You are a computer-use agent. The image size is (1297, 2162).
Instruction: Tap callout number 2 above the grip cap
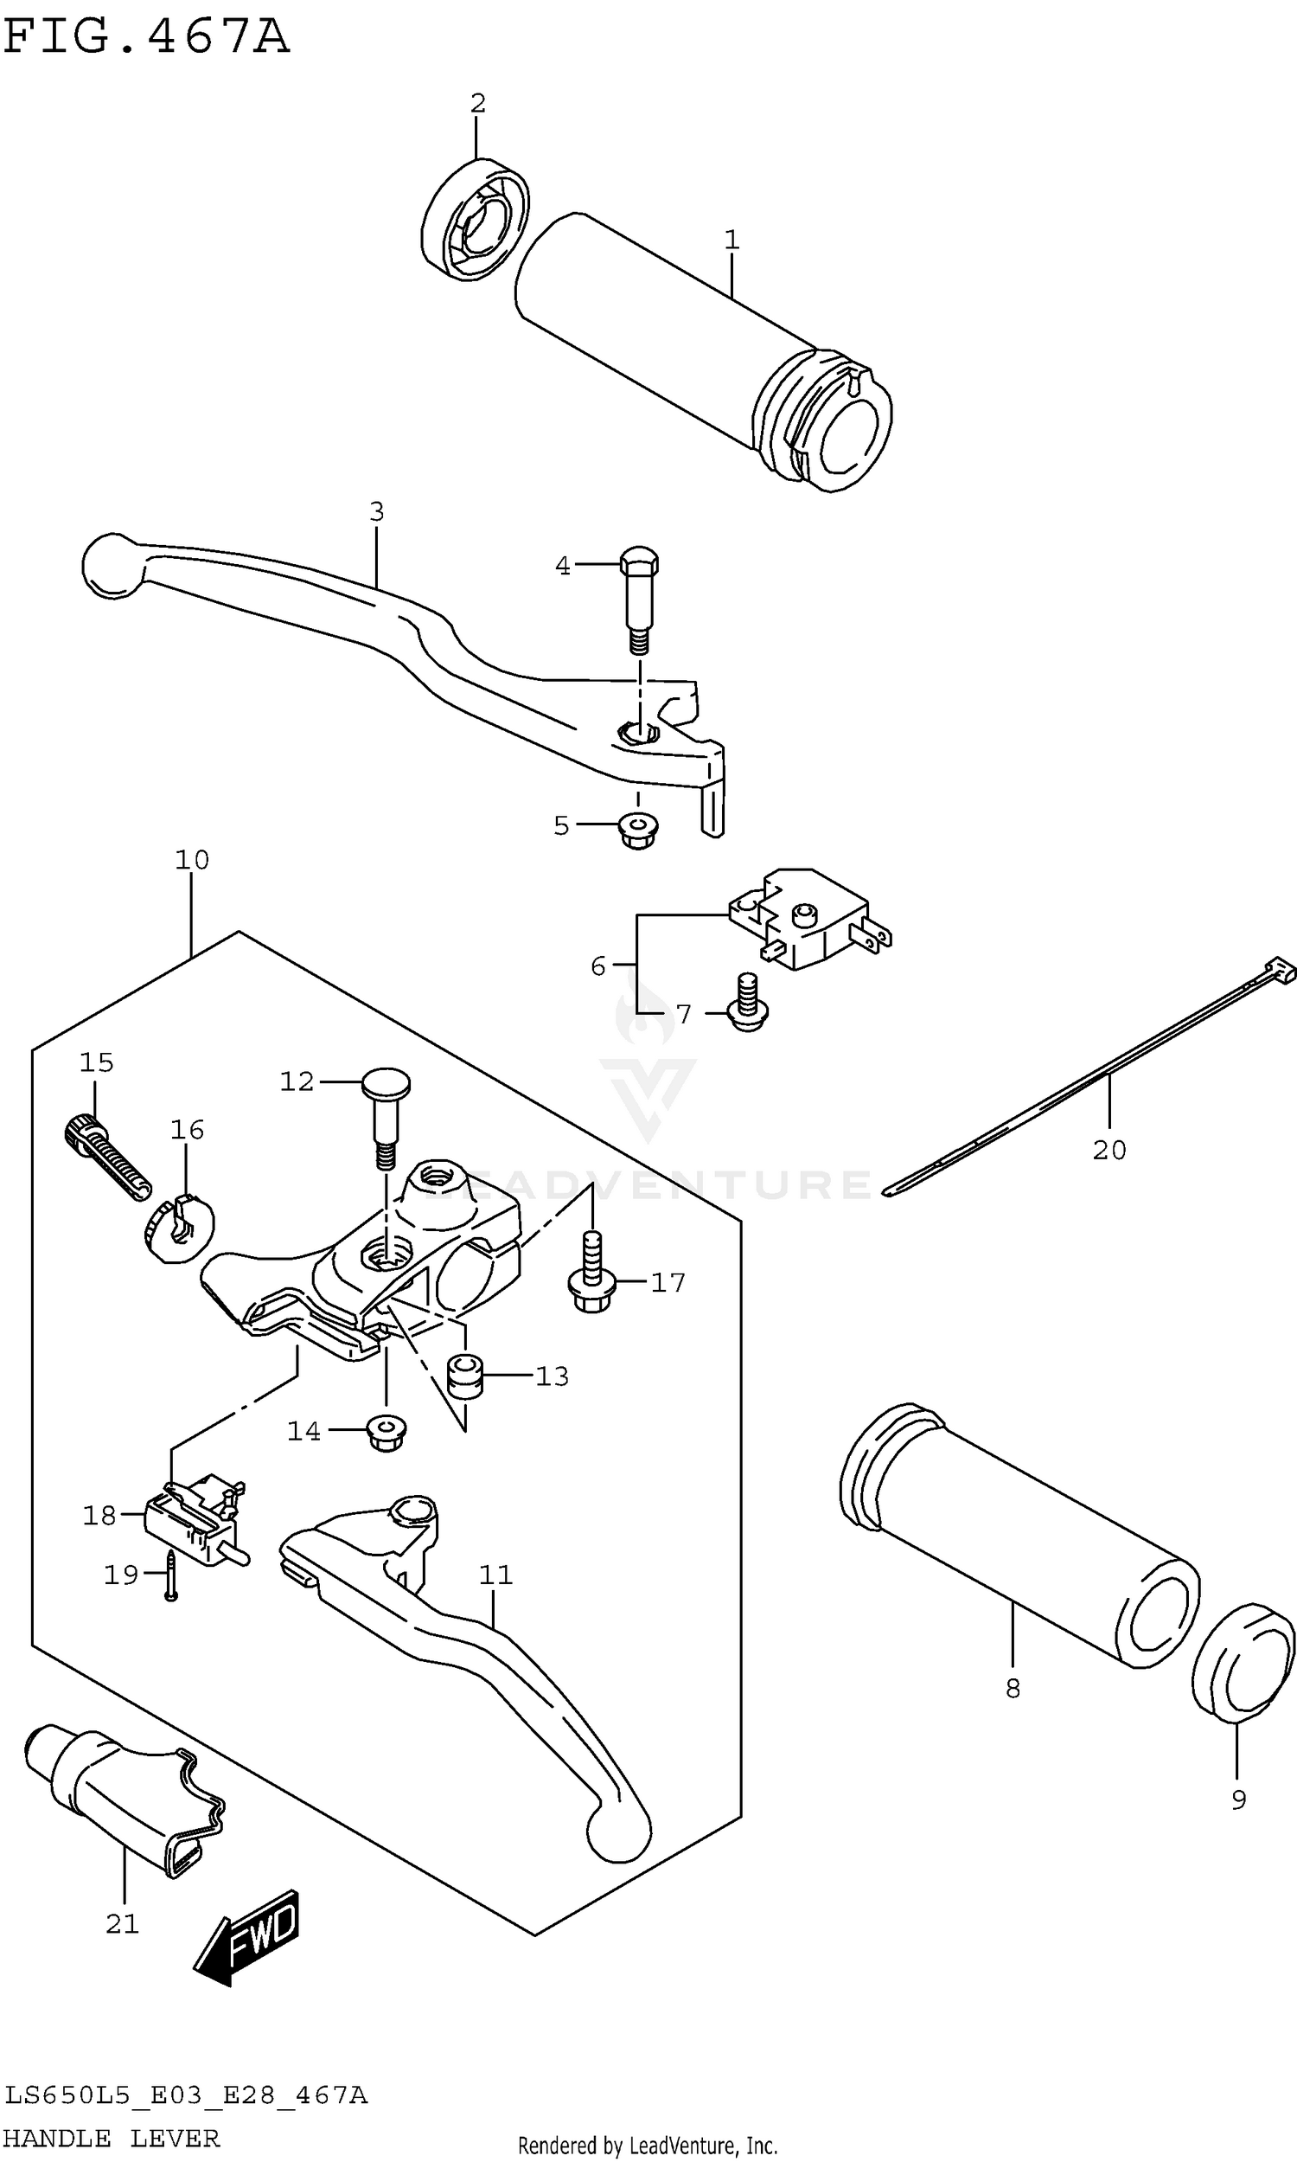pyautogui.click(x=477, y=103)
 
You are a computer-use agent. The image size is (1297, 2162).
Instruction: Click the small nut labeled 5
pyautogui.click(x=638, y=831)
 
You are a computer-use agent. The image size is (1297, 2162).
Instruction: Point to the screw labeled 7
pyautogui.click(x=747, y=1004)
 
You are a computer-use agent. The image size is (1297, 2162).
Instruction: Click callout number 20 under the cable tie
pyautogui.click(x=1109, y=1150)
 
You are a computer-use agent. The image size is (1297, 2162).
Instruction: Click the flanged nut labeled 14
pyautogui.click(x=387, y=1432)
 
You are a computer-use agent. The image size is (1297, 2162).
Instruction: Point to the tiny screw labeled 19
pyautogui.click(x=171, y=1575)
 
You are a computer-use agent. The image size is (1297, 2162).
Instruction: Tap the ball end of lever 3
pyautogui.click(x=112, y=566)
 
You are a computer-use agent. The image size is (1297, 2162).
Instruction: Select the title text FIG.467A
pyautogui.click(x=146, y=36)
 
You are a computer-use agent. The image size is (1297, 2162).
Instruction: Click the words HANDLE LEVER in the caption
pyautogui.click(x=111, y=2138)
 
